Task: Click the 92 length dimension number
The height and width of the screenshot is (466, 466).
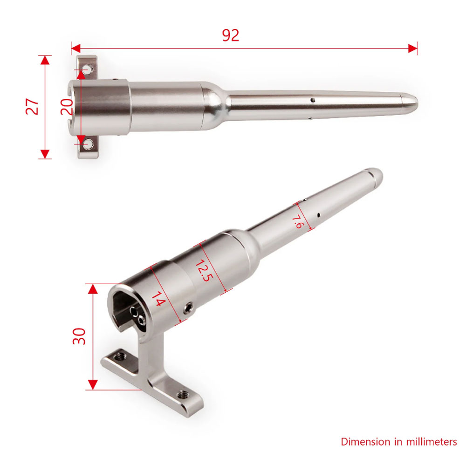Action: (230, 35)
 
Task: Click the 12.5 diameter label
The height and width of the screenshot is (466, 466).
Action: (203, 271)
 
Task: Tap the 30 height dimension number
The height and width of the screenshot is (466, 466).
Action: (79, 336)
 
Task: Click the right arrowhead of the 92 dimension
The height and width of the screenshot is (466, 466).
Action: (413, 48)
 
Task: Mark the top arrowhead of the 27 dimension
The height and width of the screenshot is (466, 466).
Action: (45, 60)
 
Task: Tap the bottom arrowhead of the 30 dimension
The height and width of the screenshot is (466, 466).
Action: (93, 384)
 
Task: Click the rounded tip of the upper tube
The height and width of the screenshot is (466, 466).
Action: (412, 101)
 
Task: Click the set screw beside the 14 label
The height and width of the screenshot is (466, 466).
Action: (188, 308)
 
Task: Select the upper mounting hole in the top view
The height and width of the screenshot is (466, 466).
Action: (87, 70)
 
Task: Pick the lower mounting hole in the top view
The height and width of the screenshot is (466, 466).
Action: (87, 144)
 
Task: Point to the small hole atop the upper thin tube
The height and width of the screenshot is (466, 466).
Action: (313, 99)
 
